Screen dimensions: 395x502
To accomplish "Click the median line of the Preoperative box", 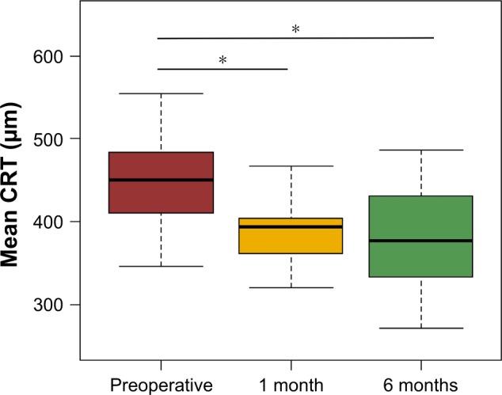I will (161, 180).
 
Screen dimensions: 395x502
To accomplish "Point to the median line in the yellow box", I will (291, 226).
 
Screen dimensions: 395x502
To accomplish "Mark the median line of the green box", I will (420, 240).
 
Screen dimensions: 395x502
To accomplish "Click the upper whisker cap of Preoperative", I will (161, 93).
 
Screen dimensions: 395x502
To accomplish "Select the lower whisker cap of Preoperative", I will (161, 266).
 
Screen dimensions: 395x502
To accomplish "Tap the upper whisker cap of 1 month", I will (291, 166).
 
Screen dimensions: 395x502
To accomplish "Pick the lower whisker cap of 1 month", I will (291, 287).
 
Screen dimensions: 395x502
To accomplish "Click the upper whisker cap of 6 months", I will (420, 150).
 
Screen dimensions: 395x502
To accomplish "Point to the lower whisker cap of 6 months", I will (420, 328).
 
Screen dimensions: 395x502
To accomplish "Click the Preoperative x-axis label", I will (161, 385).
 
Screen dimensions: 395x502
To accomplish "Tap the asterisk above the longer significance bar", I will (295, 29).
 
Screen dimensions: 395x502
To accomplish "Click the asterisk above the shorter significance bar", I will (222, 60).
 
